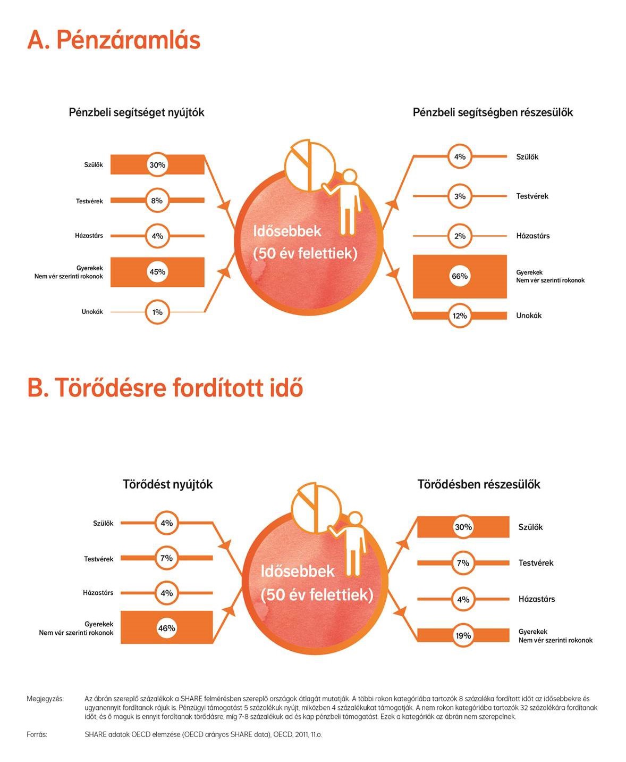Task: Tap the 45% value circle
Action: click(157, 272)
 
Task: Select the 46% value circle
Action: click(167, 628)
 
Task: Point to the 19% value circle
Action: click(463, 635)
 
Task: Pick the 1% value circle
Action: click(157, 312)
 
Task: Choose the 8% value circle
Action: click(157, 200)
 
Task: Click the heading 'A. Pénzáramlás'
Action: click(114, 39)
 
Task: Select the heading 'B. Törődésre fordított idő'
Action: click(165, 388)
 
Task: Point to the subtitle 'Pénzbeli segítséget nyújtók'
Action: click(137, 112)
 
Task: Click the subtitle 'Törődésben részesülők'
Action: click(479, 484)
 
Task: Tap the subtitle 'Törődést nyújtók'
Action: click(167, 484)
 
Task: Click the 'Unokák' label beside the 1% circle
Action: click(92, 311)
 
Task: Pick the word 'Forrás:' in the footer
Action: click(37, 734)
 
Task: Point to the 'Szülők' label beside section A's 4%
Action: click(527, 157)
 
